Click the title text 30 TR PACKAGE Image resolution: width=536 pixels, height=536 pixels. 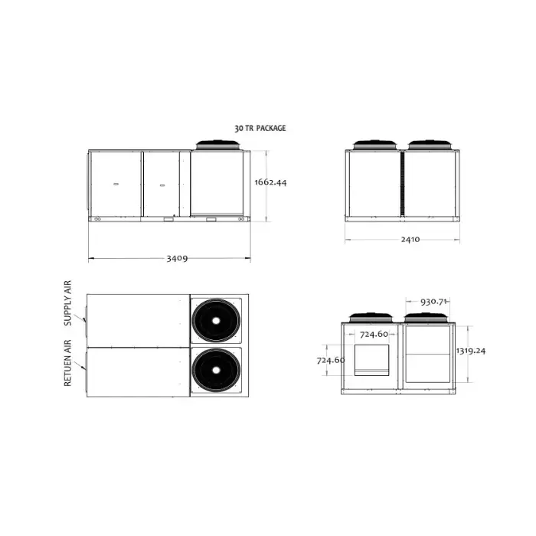(260, 128)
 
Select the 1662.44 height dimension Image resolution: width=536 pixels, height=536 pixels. (270, 182)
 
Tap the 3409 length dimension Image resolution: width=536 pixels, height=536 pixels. (177, 259)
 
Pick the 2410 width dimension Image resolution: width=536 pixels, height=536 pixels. (410, 239)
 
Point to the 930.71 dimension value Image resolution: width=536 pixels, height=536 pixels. (433, 302)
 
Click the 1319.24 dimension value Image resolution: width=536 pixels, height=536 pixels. (471, 351)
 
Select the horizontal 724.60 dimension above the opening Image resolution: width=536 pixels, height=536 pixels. (374, 334)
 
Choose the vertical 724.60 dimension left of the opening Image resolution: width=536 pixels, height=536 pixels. (331, 361)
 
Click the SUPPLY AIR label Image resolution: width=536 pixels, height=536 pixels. (68, 303)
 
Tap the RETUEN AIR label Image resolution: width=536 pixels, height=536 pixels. (68, 363)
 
